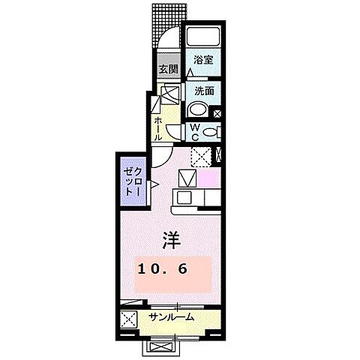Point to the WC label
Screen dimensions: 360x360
193,132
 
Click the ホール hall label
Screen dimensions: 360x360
158,128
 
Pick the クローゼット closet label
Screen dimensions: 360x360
132,181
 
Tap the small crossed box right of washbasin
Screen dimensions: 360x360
217,113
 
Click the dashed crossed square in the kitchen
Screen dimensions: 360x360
199,156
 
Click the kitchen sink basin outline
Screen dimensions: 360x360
186,180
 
